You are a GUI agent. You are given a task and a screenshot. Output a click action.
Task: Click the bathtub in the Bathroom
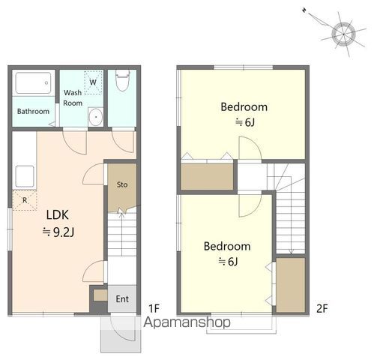coord(33,83)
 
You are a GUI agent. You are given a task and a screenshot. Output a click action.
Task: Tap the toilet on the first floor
coord(122,80)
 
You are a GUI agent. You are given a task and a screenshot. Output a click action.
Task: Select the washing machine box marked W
coord(93,82)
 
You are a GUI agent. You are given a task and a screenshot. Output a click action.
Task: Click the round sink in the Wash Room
coord(95,117)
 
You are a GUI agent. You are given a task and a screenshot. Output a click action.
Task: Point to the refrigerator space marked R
coord(25,200)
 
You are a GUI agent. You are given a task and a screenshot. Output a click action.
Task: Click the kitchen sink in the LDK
coord(25,176)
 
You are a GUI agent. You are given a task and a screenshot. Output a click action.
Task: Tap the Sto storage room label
coord(122,184)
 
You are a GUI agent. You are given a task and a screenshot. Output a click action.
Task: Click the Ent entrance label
coord(122,299)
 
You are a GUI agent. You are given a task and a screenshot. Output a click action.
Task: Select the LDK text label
coord(58,215)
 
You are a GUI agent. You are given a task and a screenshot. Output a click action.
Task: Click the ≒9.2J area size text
coord(58,232)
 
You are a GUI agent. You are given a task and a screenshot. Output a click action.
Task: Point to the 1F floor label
coord(154,308)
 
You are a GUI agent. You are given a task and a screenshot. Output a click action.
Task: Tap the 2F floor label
coord(322,308)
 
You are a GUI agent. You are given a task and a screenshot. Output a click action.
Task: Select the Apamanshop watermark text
coord(187,322)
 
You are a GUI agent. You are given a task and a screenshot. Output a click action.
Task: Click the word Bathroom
coord(33,111)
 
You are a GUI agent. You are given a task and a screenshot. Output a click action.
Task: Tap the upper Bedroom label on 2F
coord(244,107)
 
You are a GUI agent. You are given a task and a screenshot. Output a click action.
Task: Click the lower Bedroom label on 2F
coord(227,246)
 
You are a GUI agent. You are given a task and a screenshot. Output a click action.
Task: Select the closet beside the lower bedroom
coord(291,285)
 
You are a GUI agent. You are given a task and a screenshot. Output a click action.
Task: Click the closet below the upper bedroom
coord(207,176)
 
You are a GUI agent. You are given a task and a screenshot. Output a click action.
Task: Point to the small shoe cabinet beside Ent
coord(100,295)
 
